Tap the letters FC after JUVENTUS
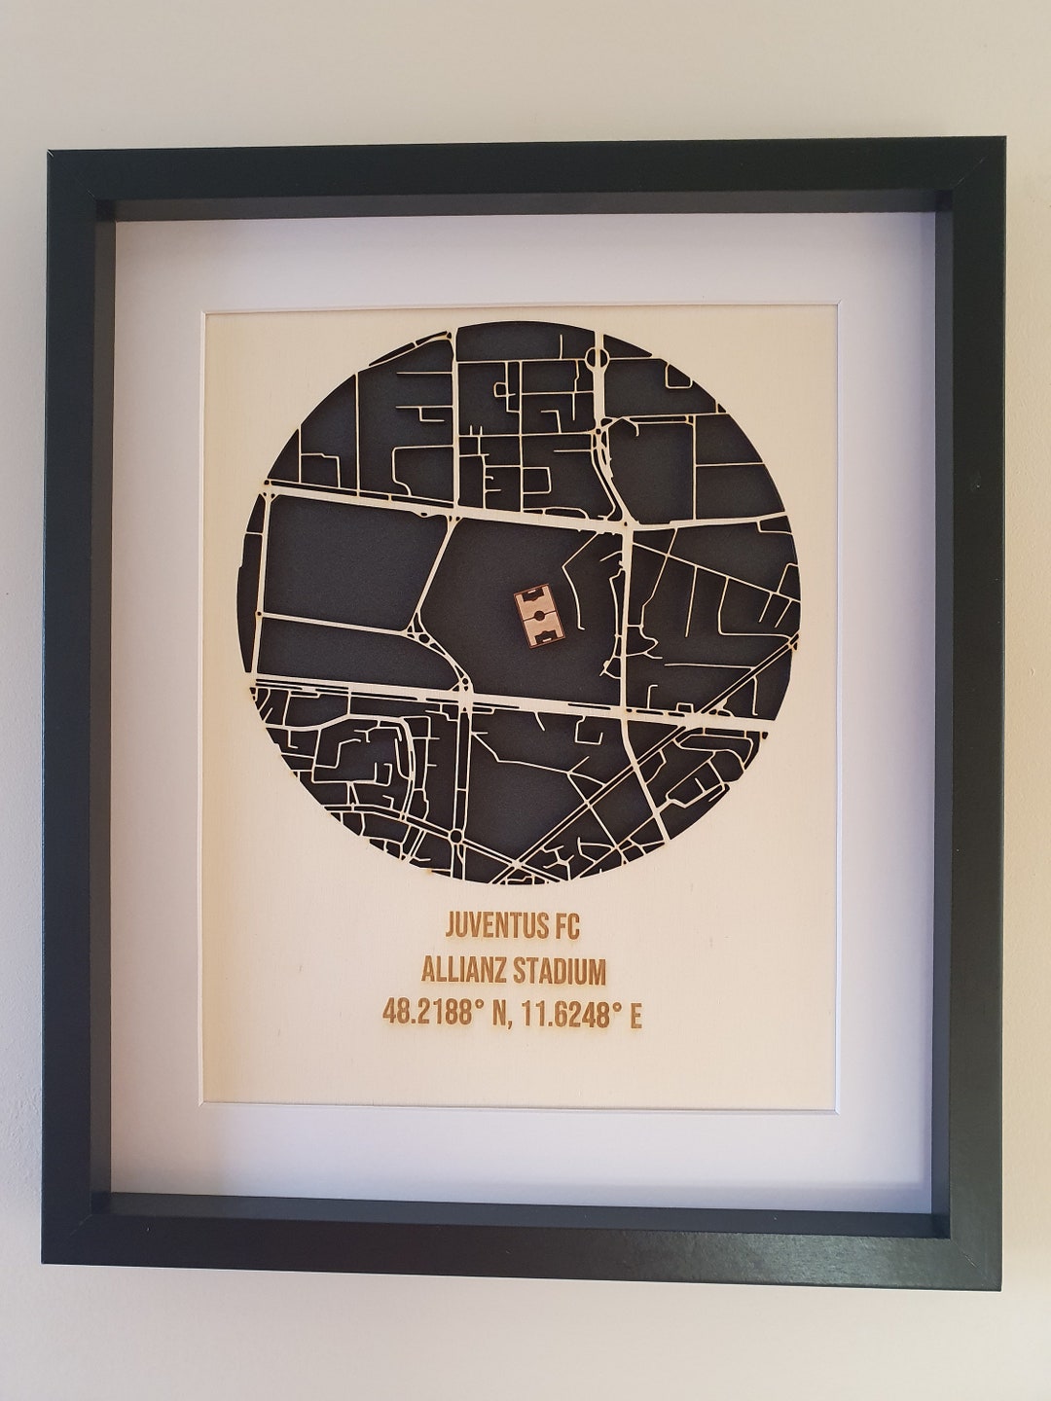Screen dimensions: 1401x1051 [563, 925]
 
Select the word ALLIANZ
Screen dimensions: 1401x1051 [464, 970]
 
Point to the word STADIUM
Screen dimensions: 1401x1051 [559, 970]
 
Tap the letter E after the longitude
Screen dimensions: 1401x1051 [635, 1015]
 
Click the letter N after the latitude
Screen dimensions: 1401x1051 [499, 1015]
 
